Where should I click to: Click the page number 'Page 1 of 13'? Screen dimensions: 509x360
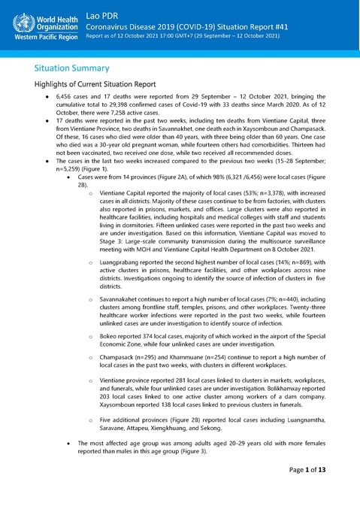pyautogui.click(x=316, y=490)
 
